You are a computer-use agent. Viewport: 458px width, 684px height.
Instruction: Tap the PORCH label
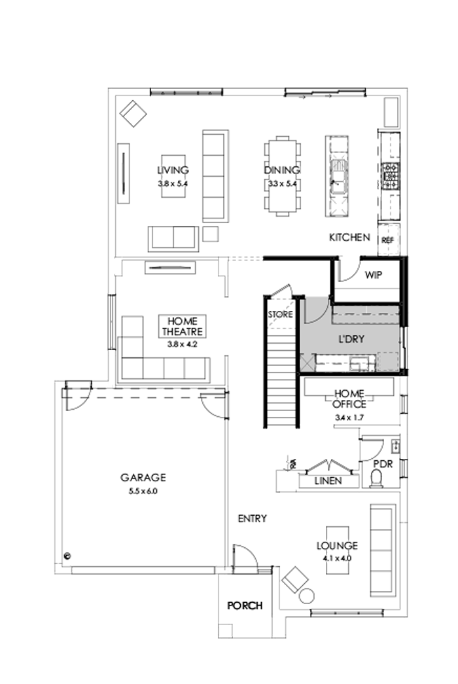pyautogui.click(x=245, y=605)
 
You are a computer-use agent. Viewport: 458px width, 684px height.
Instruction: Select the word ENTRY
pyautogui.click(x=252, y=518)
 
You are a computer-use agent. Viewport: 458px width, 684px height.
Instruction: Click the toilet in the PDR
pyautogui.click(x=377, y=480)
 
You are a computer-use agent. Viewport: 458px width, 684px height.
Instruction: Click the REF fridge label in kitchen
pyautogui.click(x=386, y=240)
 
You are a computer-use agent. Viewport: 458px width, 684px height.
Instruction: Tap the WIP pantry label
pyautogui.click(x=373, y=276)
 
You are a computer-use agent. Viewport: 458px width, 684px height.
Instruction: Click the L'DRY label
pyautogui.click(x=351, y=340)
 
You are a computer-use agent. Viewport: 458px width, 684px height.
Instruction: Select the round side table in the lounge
pyautogui.click(x=307, y=596)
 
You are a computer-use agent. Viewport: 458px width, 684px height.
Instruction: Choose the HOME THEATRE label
pyautogui.click(x=183, y=327)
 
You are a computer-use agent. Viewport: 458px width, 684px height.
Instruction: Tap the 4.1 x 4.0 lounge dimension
pyautogui.click(x=337, y=558)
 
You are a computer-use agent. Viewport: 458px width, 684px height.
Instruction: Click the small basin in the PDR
pyautogui.click(x=395, y=446)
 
